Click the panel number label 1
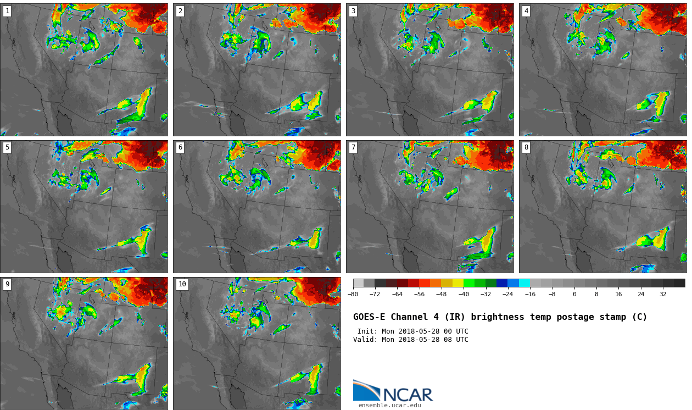coord(7,11)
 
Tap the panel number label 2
coord(180,11)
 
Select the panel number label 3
coord(353,11)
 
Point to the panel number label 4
coord(526,11)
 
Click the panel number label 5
coord(7,147)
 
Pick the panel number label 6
coord(180,147)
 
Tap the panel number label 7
coord(353,147)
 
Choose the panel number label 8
coord(526,147)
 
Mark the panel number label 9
coord(7,284)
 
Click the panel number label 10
coord(182,284)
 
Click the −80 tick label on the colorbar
coord(353,294)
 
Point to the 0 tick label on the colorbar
coord(574,294)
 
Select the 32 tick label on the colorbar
coord(663,294)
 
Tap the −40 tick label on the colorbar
coord(464,294)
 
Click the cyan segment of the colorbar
coord(524,283)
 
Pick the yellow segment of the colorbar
coord(458,283)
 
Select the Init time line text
coord(412,331)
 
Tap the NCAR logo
coord(393,391)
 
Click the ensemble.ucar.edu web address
coord(389,406)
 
